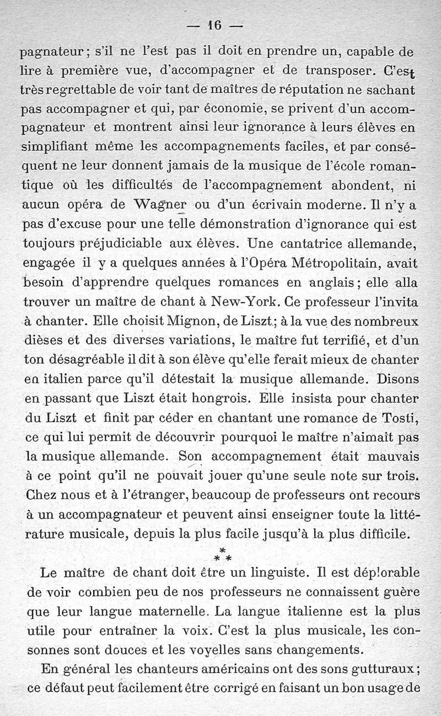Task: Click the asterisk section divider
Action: [222, 553]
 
